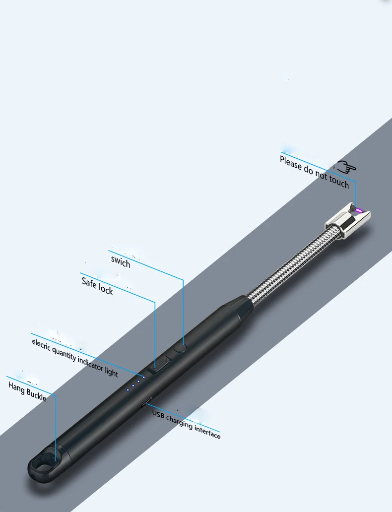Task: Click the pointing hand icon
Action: coord(347,167)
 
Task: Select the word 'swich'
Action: coord(121,261)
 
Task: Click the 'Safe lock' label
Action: coord(97,286)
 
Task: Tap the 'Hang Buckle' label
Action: coord(27,391)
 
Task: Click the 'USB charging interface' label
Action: coord(186,424)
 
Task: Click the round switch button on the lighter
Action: coord(183,348)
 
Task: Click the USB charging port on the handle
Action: coord(147,403)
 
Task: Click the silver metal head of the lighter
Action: coord(347,222)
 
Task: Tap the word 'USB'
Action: coord(158,414)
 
